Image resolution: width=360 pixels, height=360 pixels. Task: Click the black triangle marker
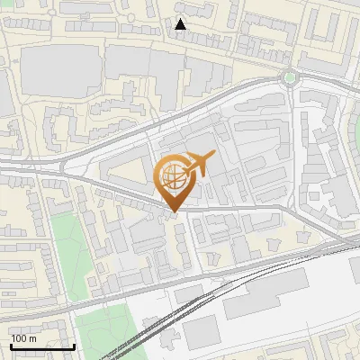[181, 24]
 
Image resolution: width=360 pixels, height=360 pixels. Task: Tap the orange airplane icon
[199, 164]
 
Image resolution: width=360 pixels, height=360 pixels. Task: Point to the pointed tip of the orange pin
[173, 212]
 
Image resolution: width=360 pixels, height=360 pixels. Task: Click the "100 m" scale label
[23, 338]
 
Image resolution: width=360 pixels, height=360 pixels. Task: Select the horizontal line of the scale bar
[42, 346]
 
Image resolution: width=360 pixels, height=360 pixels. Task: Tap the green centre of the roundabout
[289, 77]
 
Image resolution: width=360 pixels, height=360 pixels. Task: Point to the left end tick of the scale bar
[11, 344]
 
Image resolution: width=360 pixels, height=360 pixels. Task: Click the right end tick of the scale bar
[74, 344]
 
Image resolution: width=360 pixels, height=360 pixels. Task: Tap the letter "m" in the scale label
[32, 338]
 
